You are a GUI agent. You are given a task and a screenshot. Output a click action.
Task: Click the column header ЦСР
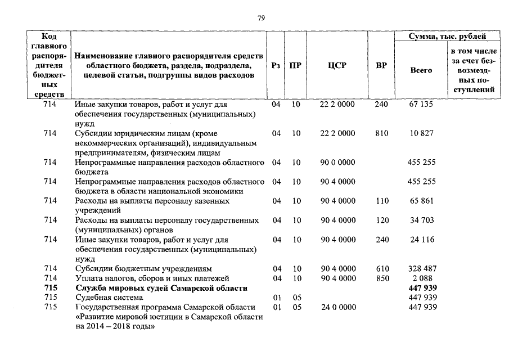(x=337, y=65)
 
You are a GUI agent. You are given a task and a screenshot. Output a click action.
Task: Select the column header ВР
(x=381, y=65)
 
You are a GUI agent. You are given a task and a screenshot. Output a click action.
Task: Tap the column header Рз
(x=276, y=65)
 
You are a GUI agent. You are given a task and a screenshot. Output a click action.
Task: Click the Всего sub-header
(x=421, y=70)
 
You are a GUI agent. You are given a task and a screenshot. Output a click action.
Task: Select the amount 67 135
(x=421, y=104)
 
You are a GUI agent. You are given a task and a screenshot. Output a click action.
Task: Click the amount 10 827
(x=421, y=133)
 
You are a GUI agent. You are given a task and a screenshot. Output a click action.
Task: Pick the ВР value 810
(x=381, y=133)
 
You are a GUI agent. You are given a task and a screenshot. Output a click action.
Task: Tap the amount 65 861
(x=421, y=201)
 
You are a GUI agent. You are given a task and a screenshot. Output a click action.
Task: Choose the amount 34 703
(x=421, y=220)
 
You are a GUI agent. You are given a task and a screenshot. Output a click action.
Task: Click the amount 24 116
(x=421, y=240)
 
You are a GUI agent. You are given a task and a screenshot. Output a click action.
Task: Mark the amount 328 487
(x=421, y=269)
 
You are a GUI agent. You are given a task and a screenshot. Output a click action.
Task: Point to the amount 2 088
(x=421, y=278)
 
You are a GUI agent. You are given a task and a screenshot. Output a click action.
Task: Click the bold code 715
(x=51, y=288)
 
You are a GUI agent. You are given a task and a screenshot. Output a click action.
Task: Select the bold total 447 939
(x=421, y=288)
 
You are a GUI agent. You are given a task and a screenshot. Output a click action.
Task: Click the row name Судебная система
(x=109, y=298)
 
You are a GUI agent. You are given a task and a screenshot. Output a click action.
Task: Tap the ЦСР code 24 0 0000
(x=337, y=307)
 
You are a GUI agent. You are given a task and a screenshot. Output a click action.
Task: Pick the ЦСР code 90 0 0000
(x=337, y=163)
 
